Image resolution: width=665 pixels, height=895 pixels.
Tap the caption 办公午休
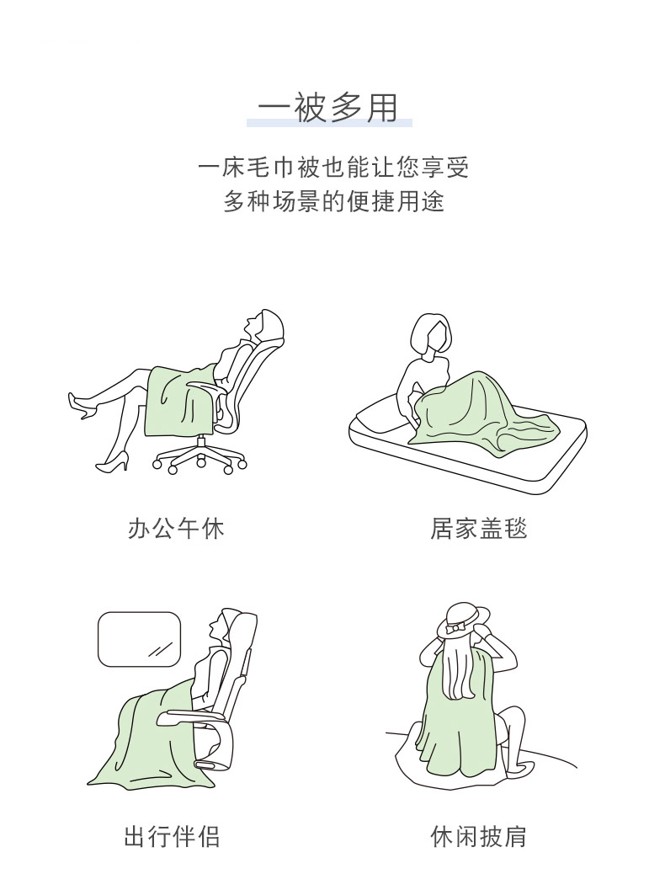pyautogui.click(x=177, y=529)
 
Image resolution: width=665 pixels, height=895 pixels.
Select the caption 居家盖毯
pyautogui.click(x=478, y=529)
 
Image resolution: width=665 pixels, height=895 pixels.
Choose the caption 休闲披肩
pyautogui.click(x=478, y=837)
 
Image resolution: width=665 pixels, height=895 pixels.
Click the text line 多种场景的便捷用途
pyautogui.click(x=333, y=201)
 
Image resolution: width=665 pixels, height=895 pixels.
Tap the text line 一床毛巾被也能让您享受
pyautogui.click(x=333, y=168)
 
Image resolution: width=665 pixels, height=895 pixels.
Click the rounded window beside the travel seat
pyautogui.click(x=139, y=640)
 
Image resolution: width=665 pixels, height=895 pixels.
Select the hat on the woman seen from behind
pyautogui.click(x=464, y=621)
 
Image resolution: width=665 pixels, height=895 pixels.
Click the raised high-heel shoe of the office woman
pyautogui.click(x=82, y=404)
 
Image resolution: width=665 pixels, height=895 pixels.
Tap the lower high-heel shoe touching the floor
pyautogui.click(x=113, y=463)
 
